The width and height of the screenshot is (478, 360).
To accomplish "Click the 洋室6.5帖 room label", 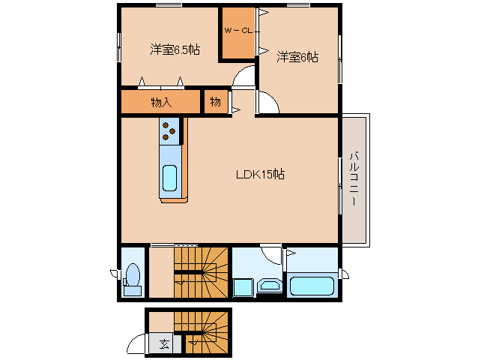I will (175, 50).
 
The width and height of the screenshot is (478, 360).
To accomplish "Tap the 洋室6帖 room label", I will (297, 57).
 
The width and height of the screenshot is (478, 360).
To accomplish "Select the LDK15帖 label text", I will (260, 174).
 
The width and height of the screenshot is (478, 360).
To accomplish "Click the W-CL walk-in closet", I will (238, 34).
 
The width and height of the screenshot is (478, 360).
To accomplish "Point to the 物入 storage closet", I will (160, 102).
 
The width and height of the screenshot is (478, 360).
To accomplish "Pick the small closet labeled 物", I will (216, 102).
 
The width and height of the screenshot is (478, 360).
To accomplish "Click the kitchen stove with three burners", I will (170, 131).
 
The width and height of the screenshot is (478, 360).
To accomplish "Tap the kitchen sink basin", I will (170, 178).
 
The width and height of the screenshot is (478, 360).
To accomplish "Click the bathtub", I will (312, 286).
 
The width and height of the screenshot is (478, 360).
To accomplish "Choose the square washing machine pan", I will (243, 287).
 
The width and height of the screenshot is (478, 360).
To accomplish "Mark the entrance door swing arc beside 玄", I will (137, 344).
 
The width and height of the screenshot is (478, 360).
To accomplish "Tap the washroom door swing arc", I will (270, 254).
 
